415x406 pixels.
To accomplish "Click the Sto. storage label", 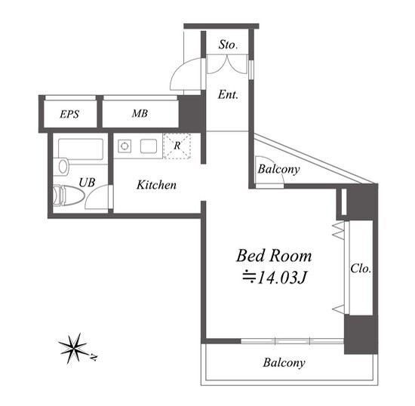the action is coord(228,45).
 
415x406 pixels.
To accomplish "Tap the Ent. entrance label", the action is coord(228,94).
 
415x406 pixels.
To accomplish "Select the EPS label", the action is coord(69,114).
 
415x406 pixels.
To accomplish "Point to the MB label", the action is coord(140,113).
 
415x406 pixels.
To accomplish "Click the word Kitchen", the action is coord(156,185).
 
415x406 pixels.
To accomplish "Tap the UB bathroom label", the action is coord(87,183).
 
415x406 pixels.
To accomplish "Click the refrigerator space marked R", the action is coord(177,146).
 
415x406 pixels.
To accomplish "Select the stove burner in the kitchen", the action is coord(124,146).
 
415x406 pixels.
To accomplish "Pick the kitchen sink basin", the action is coord(149,146).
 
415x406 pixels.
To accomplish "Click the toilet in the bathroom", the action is coord(68,195).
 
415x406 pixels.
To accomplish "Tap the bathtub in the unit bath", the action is coord(81,149).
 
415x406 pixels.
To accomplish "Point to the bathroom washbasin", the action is coord(63,167).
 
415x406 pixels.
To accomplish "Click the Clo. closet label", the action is coord(361,269).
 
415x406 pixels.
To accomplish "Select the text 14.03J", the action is coord(282,278).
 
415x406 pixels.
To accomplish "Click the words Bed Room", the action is coord(274,256).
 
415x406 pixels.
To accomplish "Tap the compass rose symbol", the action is coord(73,348).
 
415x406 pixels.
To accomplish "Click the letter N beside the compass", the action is coord(94,357).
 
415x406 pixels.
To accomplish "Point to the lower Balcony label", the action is coord(284,362).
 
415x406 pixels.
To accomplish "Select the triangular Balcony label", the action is coord(278,169).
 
